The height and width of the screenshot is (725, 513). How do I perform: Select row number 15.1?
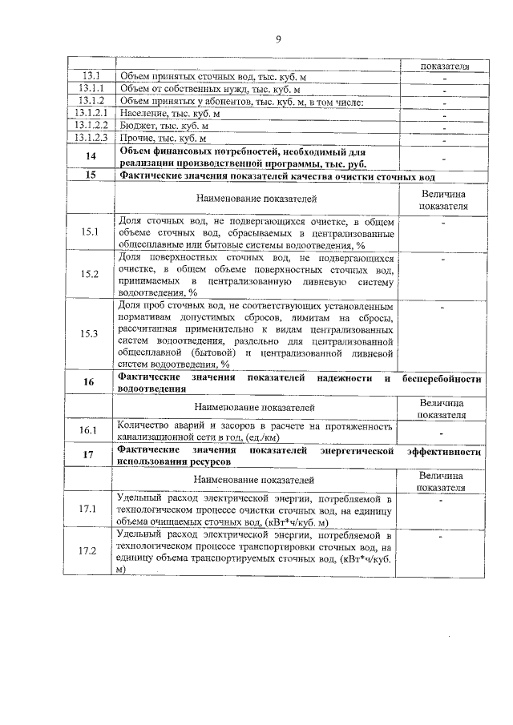pos(90,233)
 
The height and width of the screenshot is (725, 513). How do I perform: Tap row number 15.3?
pos(90,333)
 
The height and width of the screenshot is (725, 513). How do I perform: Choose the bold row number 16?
pos(90,382)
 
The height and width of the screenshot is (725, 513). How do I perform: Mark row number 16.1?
pos(90,430)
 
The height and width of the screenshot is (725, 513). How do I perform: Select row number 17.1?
pos(90,508)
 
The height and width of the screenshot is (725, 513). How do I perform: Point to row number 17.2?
pos(90,551)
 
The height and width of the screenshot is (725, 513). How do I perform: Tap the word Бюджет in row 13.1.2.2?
pos(137,126)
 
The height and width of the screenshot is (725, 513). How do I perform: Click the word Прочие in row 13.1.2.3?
pos(135,138)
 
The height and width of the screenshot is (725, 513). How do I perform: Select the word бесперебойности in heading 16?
pos(442,377)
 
